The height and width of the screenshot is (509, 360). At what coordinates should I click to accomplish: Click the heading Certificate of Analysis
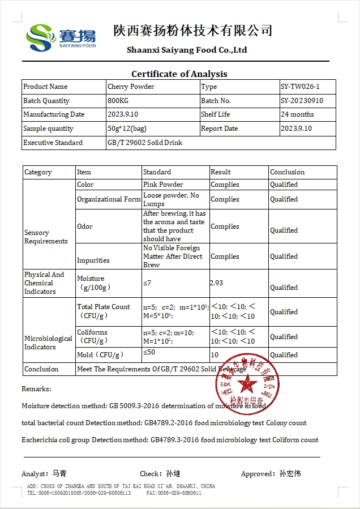tap(179, 74)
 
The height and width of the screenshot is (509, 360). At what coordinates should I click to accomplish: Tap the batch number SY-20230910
tap(302, 101)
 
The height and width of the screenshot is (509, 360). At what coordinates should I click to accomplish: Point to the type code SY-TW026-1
tap(300, 87)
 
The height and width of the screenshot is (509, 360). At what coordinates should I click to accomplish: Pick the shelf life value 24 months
tap(297, 114)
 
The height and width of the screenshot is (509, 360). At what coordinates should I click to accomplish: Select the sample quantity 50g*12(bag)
tap(127, 129)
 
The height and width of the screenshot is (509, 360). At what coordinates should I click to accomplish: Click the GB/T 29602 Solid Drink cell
tap(145, 143)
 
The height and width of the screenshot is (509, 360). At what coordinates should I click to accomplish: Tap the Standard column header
tap(157, 172)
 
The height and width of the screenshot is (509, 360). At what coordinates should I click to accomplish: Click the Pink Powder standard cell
tap(163, 185)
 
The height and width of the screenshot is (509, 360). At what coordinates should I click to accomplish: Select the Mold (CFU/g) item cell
tap(100, 355)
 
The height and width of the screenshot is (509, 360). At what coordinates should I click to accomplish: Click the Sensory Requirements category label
tap(46, 237)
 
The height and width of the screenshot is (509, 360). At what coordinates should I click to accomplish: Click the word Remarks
tap(36, 389)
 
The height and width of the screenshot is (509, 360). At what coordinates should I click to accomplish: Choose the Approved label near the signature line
tap(258, 473)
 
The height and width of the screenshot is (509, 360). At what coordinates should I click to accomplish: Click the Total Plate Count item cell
tap(104, 311)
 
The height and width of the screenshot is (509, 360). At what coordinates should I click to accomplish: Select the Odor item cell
tap(85, 226)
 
